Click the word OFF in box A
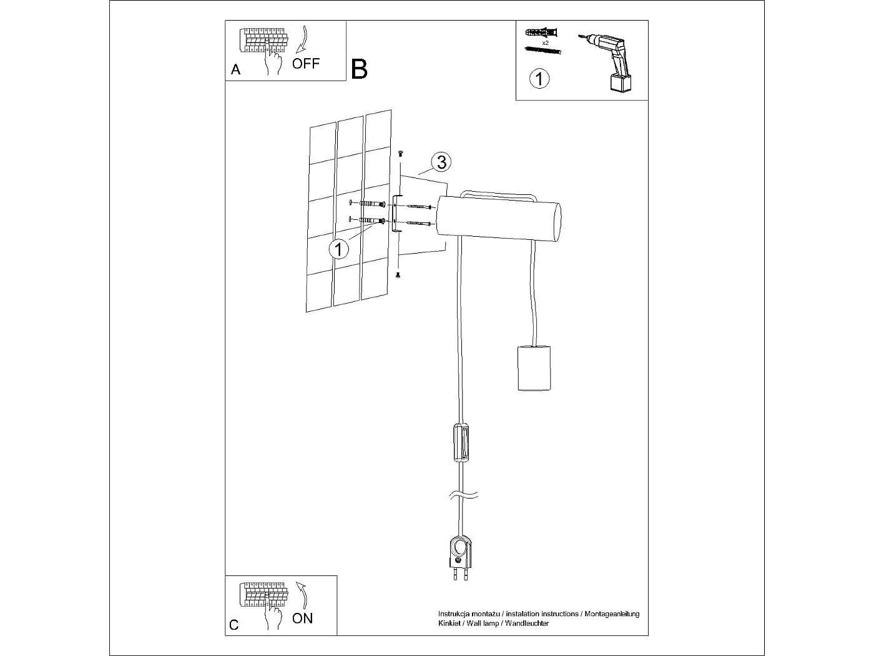pos(306,63)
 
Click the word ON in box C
pos(303,619)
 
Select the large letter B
pos(360,69)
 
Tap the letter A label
pos(235,69)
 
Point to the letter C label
pos(234,625)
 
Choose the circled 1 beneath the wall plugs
pos(539,79)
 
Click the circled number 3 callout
pos(441,162)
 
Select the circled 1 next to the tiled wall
pos(338,249)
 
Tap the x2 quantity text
pos(545,43)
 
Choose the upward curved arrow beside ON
pos(302,594)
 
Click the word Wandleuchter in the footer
pos(527,624)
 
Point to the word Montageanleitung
pos(612,614)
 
